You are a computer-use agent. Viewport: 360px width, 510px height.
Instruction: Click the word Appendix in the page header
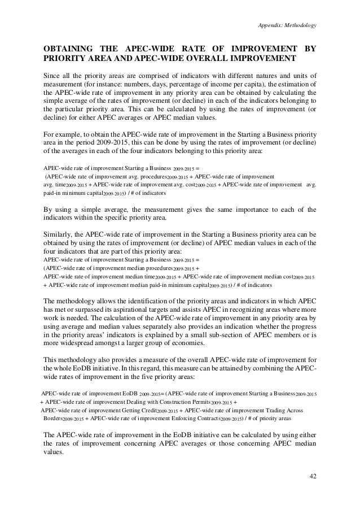pos(267,25)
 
